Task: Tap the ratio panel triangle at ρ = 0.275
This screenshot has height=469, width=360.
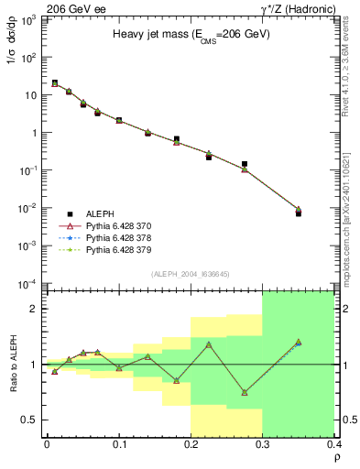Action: (x=245, y=392)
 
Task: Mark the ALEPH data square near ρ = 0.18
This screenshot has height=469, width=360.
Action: (x=177, y=139)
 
